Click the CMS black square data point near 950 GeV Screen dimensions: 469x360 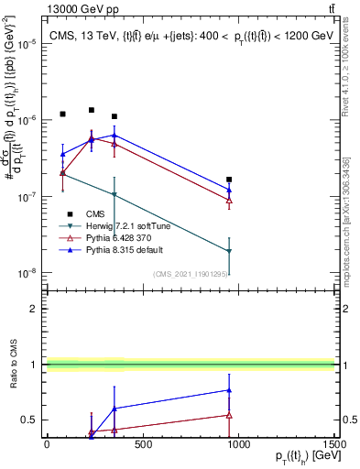(229, 180)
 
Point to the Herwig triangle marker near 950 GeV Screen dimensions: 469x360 (229, 251)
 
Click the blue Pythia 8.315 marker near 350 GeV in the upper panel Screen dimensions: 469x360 (114, 136)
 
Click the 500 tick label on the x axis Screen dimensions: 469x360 (142, 445)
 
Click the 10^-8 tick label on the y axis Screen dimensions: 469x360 (25, 273)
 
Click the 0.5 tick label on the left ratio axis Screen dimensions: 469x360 (29, 420)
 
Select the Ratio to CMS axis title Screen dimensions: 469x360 (12, 365)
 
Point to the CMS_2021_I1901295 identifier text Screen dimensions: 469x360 (188, 273)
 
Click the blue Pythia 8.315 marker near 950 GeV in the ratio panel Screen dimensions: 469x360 (229, 390)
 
